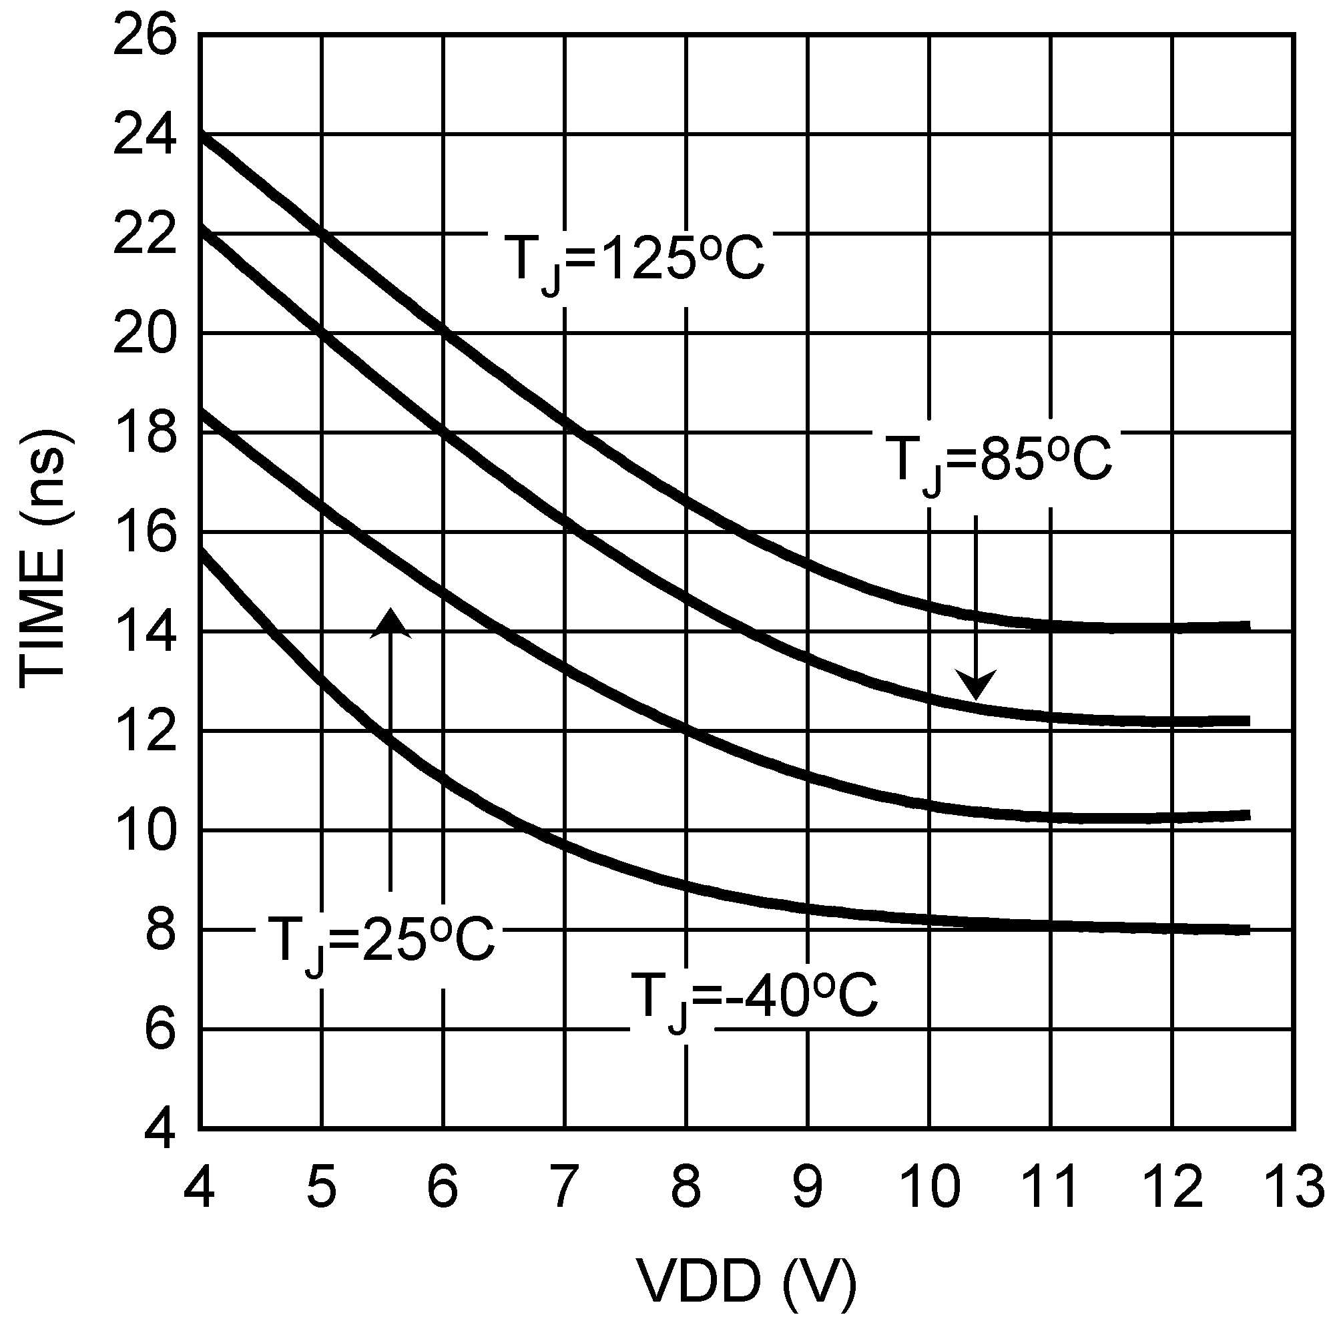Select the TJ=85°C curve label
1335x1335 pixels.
[x=998, y=460]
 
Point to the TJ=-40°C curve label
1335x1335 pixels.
[x=753, y=998]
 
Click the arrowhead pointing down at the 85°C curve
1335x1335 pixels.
[x=975, y=684]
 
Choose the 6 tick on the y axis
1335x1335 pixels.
[x=159, y=1029]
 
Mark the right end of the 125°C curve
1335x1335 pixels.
[x=1248, y=626]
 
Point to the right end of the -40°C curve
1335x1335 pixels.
[x=1248, y=929]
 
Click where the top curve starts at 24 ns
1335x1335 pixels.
[x=202, y=135]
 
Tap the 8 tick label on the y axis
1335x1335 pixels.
[x=159, y=930]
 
